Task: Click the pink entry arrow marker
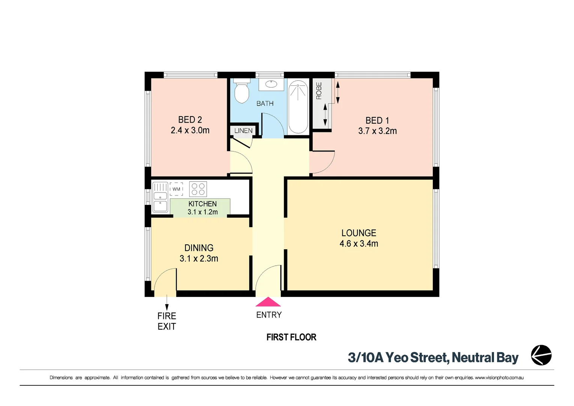(x=268, y=302)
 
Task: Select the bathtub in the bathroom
(x=298, y=107)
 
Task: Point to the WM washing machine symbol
(x=176, y=189)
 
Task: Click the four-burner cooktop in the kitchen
(x=198, y=189)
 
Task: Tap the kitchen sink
(x=160, y=197)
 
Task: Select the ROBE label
(x=319, y=91)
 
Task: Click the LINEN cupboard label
(x=243, y=131)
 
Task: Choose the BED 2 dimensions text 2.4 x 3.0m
(x=190, y=130)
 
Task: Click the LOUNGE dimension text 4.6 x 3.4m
(x=359, y=244)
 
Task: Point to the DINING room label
(x=199, y=248)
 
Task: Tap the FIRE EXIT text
(x=167, y=321)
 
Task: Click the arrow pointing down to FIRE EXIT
(x=167, y=302)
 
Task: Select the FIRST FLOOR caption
(x=291, y=337)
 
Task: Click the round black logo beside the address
(x=541, y=355)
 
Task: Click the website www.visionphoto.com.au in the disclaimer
(x=499, y=377)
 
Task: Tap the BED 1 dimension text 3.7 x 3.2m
(x=377, y=131)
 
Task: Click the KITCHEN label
(x=202, y=204)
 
